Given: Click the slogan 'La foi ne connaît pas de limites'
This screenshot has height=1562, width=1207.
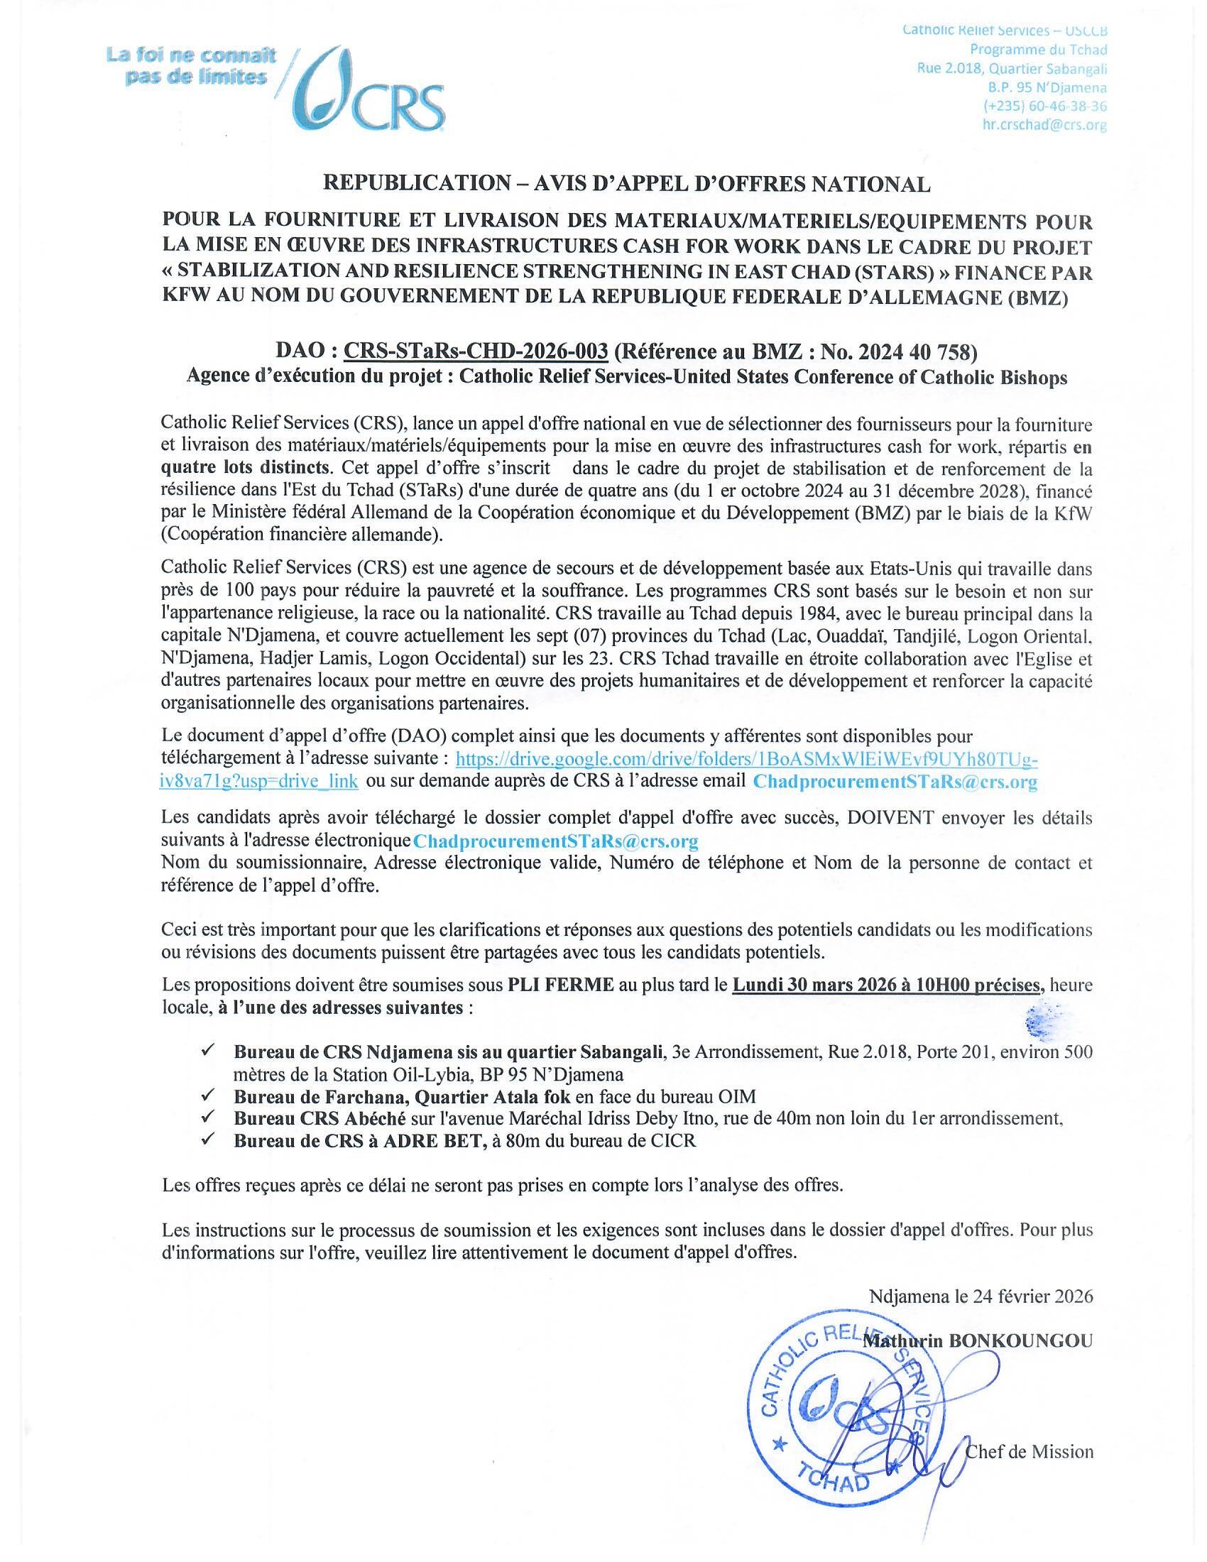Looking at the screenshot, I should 191,66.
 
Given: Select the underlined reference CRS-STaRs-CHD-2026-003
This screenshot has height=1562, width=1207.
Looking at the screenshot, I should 476,351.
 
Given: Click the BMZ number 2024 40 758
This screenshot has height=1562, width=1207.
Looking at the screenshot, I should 914,351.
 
